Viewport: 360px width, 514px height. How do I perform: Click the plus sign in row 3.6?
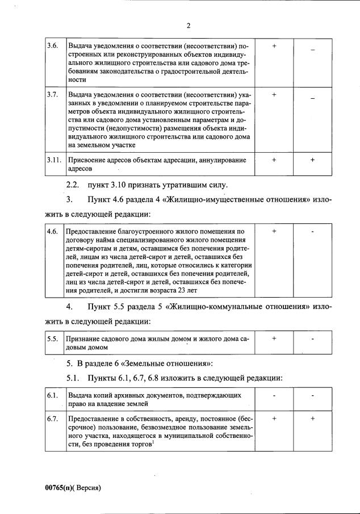coord(274,45)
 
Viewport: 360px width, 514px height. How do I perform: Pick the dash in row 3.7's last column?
coord(312,99)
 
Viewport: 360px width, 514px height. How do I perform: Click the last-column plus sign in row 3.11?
coord(312,160)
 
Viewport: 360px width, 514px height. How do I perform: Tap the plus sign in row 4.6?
coord(274,231)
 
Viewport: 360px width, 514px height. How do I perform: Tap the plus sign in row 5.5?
coord(274,339)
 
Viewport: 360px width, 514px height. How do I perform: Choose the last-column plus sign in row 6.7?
coord(312,418)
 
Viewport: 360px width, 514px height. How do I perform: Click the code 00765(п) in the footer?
coord(60,487)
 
